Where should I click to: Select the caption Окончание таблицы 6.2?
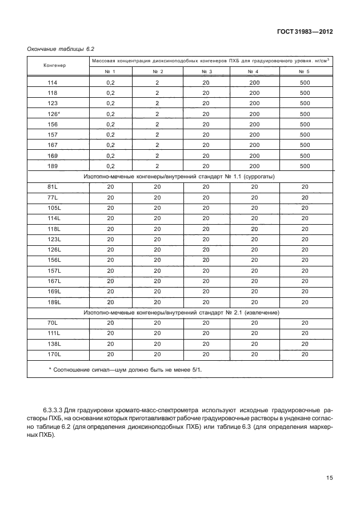(61, 50)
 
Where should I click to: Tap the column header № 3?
(206, 71)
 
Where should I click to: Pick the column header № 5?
(304, 71)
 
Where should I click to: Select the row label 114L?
(54, 218)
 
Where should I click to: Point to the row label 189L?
(54, 302)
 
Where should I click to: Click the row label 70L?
(53, 323)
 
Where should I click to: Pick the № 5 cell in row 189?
(304, 166)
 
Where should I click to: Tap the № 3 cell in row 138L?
(206, 344)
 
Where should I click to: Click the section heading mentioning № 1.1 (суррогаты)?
(179, 177)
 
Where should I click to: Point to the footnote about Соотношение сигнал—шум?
(126, 370)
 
